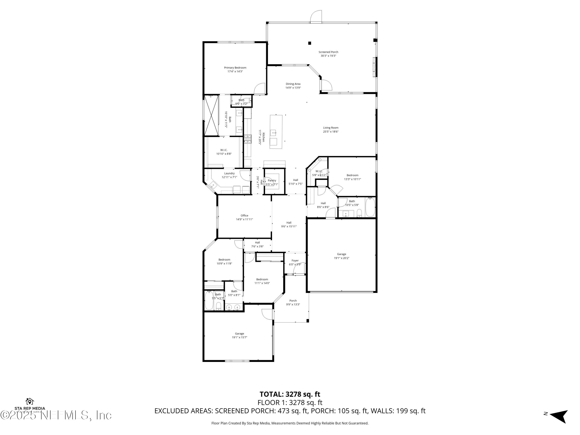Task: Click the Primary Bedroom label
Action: tap(235, 68)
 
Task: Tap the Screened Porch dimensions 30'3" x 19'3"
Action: tap(328, 56)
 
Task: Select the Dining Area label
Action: tap(293, 84)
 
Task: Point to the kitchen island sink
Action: tap(274, 133)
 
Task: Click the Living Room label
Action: tap(331, 128)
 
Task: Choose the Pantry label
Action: tap(272, 180)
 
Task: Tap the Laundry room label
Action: tap(229, 173)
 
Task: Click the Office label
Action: tap(244, 216)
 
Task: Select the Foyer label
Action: tap(295, 261)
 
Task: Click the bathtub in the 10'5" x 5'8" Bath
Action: tap(370, 207)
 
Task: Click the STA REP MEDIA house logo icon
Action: tap(30, 401)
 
